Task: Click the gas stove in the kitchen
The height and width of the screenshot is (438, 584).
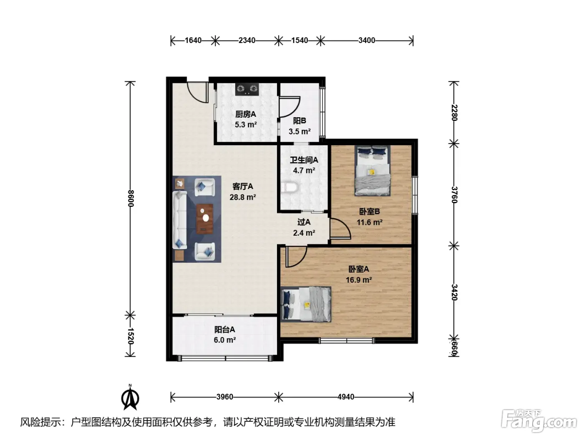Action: (x=247, y=89)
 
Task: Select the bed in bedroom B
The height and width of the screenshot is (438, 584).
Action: (x=372, y=171)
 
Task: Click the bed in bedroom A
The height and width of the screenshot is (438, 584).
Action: (x=306, y=304)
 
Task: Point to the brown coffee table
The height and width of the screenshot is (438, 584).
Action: (x=204, y=219)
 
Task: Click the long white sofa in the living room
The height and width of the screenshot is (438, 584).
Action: (x=179, y=220)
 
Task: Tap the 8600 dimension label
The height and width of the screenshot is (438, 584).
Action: (x=131, y=199)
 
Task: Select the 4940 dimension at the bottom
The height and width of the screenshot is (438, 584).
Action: (x=346, y=397)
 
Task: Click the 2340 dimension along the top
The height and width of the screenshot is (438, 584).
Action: (x=247, y=40)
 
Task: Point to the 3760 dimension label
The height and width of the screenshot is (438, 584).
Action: (x=454, y=195)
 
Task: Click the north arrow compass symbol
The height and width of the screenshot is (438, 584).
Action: (x=130, y=397)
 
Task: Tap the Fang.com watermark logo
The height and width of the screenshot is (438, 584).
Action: (x=539, y=421)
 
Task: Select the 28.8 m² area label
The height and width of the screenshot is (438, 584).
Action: (x=243, y=197)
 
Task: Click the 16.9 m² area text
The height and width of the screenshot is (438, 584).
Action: (x=359, y=280)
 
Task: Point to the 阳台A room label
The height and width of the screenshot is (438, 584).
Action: (x=224, y=330)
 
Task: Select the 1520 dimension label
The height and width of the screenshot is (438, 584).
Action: (x=131, y=336)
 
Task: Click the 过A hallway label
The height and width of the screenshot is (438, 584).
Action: (x=304, y=222)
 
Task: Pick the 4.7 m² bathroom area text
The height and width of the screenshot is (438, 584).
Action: (x=304, y=171)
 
